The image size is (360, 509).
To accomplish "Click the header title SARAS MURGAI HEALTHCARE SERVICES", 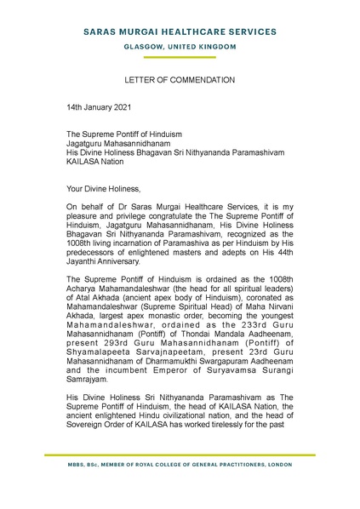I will [x=180, y=31].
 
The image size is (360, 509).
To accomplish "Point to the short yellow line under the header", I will [x=180, y=56].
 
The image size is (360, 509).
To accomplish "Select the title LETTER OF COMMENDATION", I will [x=180, y=80].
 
